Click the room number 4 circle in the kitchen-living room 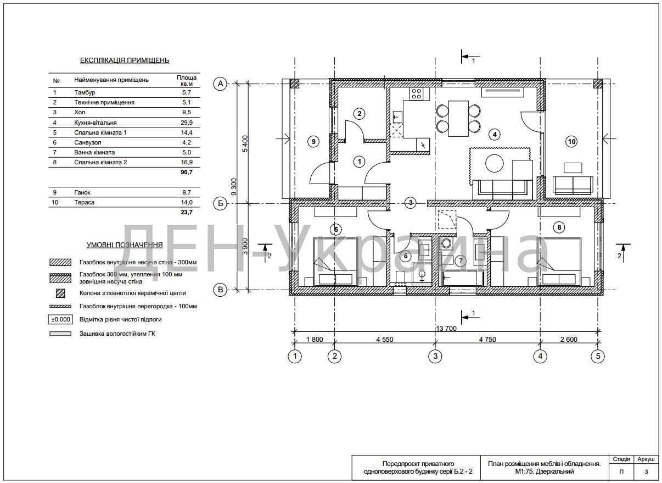tap(495, 135)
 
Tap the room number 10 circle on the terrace tap(571, 142)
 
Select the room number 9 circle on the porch tap(313, 142)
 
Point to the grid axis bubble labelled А tap(220, 84)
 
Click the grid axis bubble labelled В tap(220, 290)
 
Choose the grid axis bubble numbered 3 tap(435, 356)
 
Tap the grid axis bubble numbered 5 tap(598, 356)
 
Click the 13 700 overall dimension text tap(446, 328)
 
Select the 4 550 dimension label tap(384, 339)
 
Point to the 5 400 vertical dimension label tap(245, 144)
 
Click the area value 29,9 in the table tap(187, 123)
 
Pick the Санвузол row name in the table tap(87, 142)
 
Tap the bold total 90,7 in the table tap(187, 172)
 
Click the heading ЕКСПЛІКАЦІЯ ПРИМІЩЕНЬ tap(125, 60)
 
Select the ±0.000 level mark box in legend tap(60, 319)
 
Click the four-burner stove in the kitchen tap(416, 93)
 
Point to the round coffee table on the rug tap(494, 163)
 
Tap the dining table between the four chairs tap(458, 119)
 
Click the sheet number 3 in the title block tap(646, 471)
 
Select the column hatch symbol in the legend tap(60, 293)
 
